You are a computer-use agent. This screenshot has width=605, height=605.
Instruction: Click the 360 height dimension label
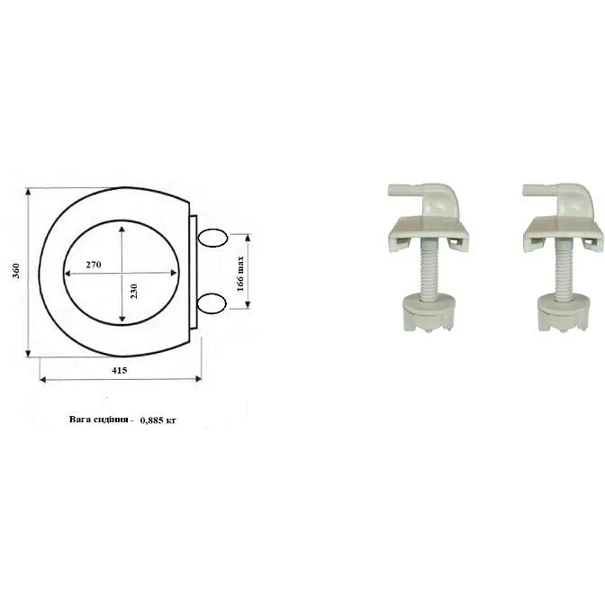point(16,271)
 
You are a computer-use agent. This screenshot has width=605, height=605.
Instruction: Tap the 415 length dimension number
point(120,370)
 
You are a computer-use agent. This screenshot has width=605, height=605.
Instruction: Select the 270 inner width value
point(94,265)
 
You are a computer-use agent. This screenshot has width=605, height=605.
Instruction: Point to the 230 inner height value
point(134,292)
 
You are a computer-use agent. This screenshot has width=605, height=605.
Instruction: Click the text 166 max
point(240,273)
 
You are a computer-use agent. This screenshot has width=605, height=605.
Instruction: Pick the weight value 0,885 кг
point(158,420)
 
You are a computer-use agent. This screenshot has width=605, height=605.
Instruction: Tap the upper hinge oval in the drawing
point(212,238)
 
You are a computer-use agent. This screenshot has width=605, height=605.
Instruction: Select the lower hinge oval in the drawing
point(212,302)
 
